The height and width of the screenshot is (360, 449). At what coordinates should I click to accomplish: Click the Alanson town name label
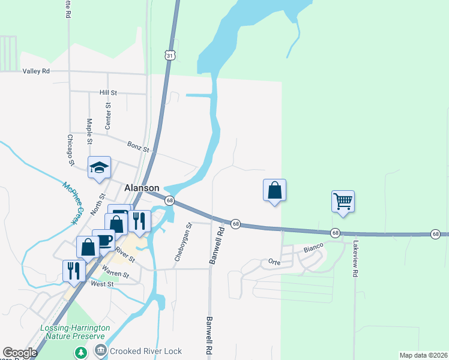click(x=142, y=188)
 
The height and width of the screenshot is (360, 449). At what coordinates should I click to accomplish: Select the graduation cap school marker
click(x=99, y=167)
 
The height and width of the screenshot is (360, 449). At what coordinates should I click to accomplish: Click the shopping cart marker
click(x=343, y=202)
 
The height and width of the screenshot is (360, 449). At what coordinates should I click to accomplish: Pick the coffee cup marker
click(x=104, y=240)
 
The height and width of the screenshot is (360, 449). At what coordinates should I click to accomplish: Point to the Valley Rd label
click(x=36, y=71)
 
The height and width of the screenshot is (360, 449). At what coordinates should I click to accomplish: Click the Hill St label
click(x=108, y=93)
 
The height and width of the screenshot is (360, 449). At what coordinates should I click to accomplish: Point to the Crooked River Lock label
click(x=146, y=350)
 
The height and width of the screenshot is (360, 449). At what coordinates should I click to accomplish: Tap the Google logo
click(x=20, y=353)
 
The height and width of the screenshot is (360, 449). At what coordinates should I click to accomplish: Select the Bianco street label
click(x=313, y=247)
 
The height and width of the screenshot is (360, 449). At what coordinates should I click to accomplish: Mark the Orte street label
click(x=275, y=262)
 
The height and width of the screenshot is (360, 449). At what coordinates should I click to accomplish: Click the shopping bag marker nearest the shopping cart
click(x=274, y=190)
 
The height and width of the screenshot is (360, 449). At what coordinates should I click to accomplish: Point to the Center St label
click(x=109, y=116)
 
